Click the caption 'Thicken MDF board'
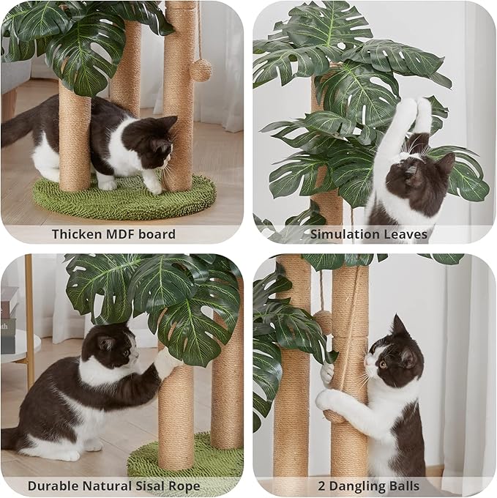[x=113, y=234]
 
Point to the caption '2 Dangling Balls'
[x=369, y=486]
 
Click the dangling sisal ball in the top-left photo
[x=200, y=70]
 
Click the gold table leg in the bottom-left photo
[x=29, y=322]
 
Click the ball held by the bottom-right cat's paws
[x=333, y=416]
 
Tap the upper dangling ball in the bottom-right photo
[x=323, y=321]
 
